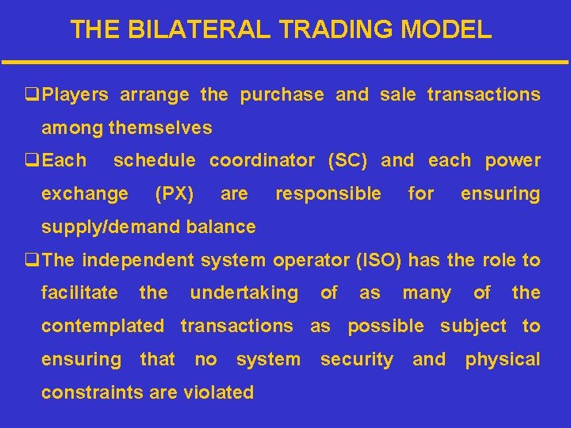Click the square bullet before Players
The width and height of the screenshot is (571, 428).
pyautogui.click(x=33, y=95)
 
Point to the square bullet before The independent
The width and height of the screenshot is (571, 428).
pyautogui.click(x=33, y=260)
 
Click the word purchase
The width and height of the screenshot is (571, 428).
pyautogui.click(x=282, y=95)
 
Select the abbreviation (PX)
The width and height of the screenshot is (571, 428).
pyautogui.click(x=174, y=193)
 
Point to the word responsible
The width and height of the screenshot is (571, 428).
pyautogui.click(x=328, y=193)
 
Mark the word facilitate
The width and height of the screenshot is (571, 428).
pyautogui.click(x=79, y=293)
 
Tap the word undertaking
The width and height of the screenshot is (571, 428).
pyautogui.click(x=243, y=293)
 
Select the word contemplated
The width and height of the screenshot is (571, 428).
pyautogui.click(x=102, y=326)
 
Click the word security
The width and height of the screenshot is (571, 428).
pyautogui.click(x=356, y=359)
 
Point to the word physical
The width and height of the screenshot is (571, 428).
pyautogui.click(x=502, y=359)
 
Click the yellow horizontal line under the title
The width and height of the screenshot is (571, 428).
pyautogui.click(x=285, y=62)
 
